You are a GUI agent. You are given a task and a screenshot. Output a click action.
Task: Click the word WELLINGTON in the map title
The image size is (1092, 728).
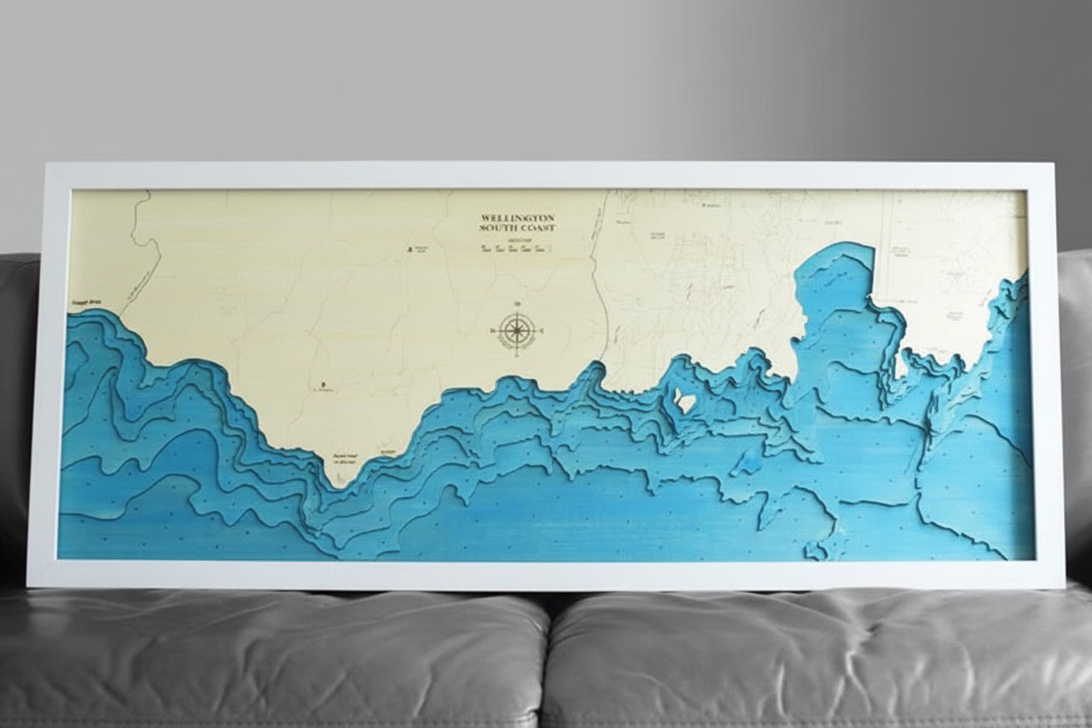(x=518, y=217)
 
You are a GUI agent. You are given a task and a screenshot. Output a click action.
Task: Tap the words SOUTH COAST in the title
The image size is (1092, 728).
(x=518, y=228)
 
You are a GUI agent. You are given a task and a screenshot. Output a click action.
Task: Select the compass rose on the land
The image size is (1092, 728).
(x=517, y=331)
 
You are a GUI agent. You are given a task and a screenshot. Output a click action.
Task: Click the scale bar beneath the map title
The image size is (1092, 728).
(x=518, y=248)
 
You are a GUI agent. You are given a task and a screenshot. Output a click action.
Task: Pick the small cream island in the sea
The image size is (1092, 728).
(x=685, y=402)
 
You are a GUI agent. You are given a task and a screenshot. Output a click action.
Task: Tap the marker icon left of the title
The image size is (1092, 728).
(x=409, y=249)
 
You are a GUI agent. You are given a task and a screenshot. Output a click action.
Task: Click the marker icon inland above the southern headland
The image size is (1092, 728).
(x=322, y=384)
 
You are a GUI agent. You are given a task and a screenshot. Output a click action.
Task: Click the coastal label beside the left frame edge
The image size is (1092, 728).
(x=86, y=303)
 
